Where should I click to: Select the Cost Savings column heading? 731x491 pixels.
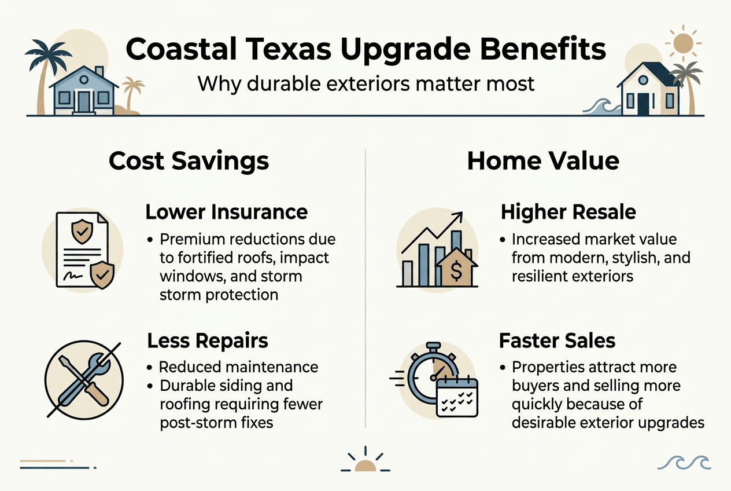pyautogui.click(x=189, y=160)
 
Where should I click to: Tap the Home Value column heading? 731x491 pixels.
pyautogui.click(x=542, y=160)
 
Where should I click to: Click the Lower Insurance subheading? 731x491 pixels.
pyautogui.click(x=226, y=212)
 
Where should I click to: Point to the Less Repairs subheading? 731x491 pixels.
pyautogui.click(x=208, y=340)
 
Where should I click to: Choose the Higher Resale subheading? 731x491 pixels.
pyautogui.click(x=568, y=212)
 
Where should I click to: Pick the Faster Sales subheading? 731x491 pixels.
pyautogui.click(x=558, y=340)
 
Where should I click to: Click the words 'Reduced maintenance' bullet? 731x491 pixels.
pyautogui.click(x=238, y=367)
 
